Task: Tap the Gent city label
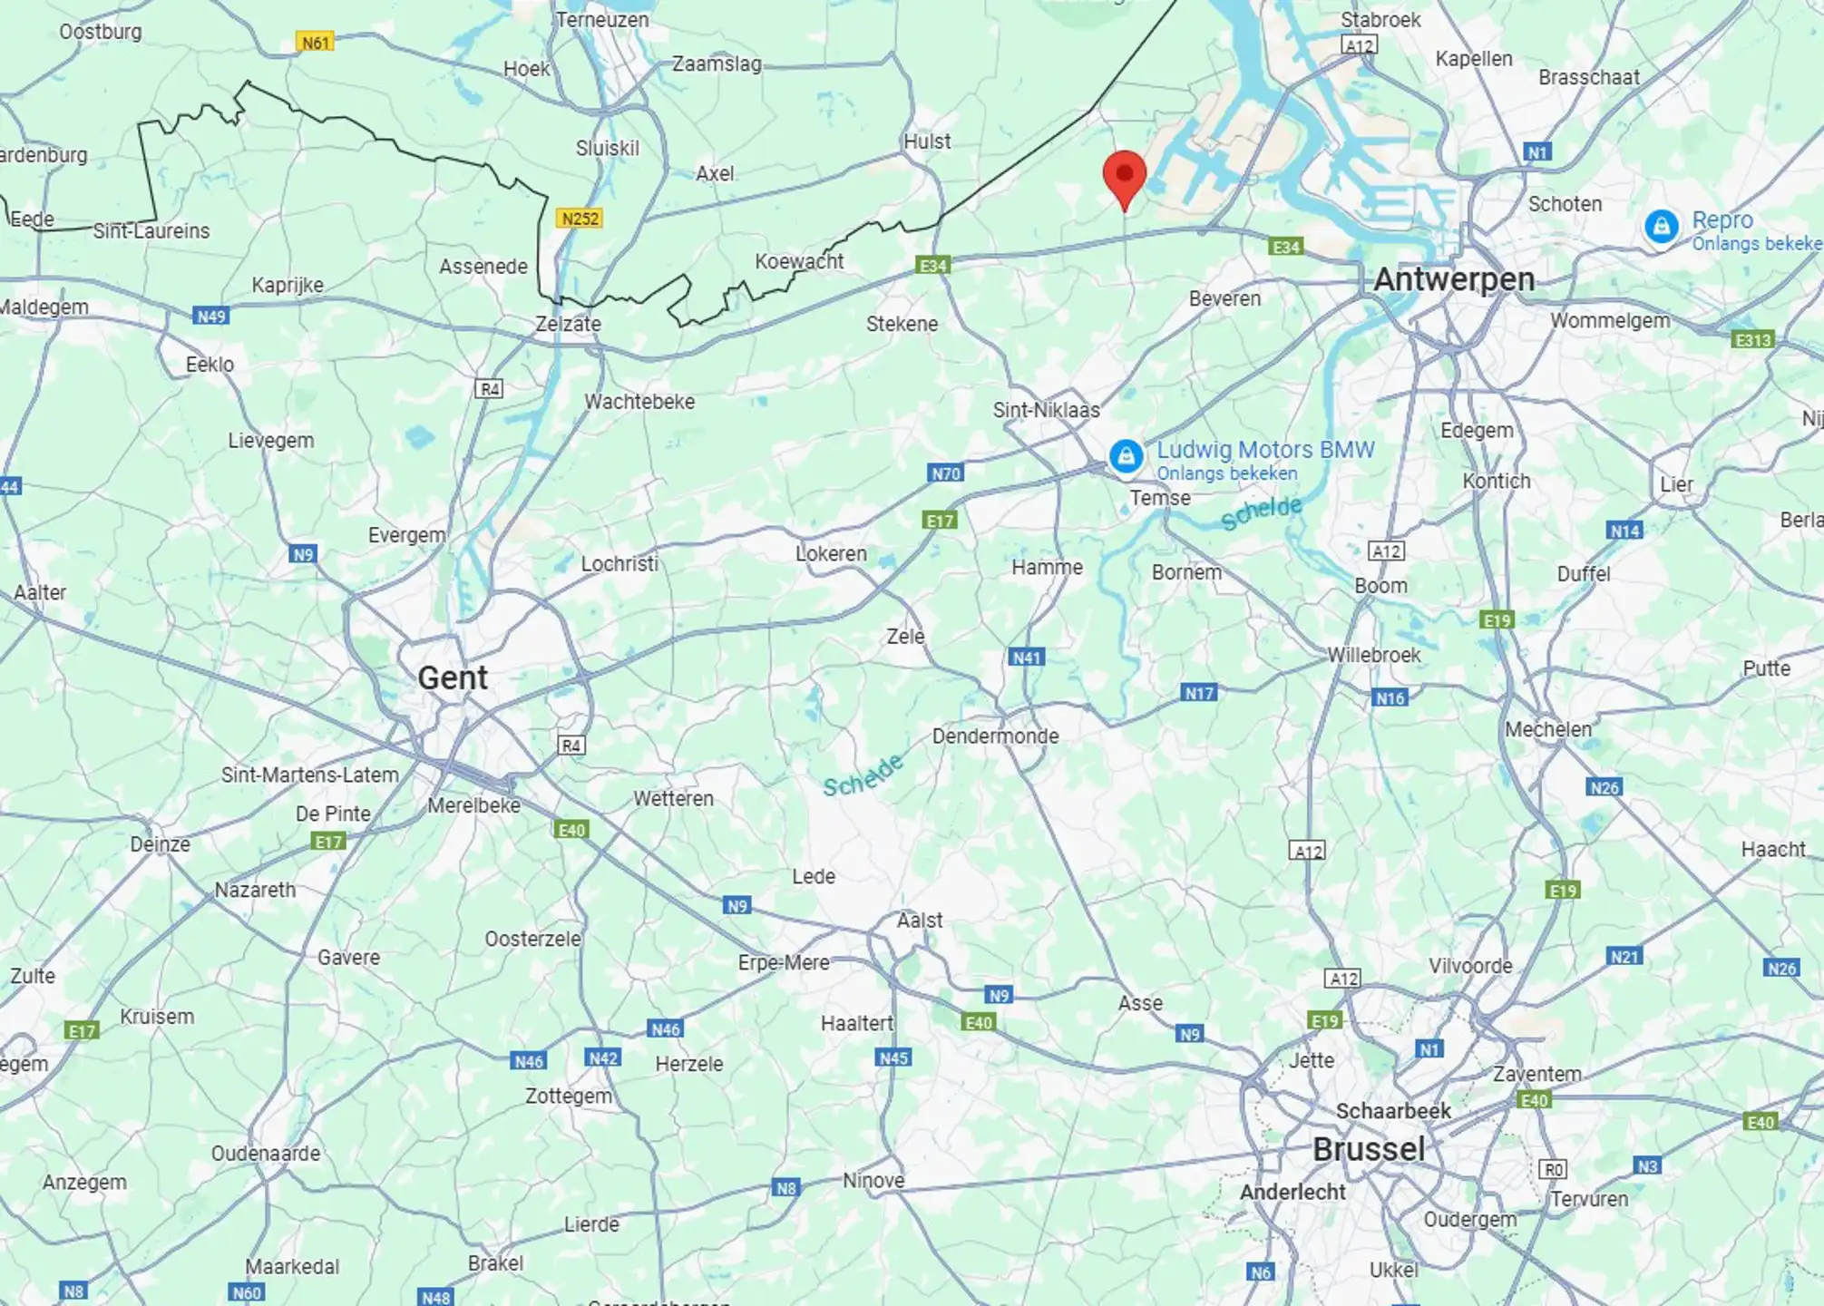(x=453, y=677)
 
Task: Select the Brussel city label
(x=1369, y=1149)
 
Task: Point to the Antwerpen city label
(x=1454, y=279)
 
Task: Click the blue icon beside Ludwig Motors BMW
(x=1126, y=456)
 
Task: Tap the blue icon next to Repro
(x=1661, y=227)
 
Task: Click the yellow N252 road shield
(x=580, y=219)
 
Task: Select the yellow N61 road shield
(x=315, y=43)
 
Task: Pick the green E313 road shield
(x=1751, y=340)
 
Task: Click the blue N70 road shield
(x=945, y=473)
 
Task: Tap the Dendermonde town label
(x=995, y=736)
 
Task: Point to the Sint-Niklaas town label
(x=1046, y=410)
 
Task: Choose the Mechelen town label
(x=1547, y=729)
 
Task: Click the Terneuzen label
(x=602, y=20)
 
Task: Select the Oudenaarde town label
(x=266, y=1154)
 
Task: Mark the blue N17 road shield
(x=1198, y=694)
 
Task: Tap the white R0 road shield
(x=1553, y=1169)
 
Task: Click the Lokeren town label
(x=831, y=553)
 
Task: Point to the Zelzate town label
(x=568, y=324)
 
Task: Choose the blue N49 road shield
(x=210, y=317)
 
